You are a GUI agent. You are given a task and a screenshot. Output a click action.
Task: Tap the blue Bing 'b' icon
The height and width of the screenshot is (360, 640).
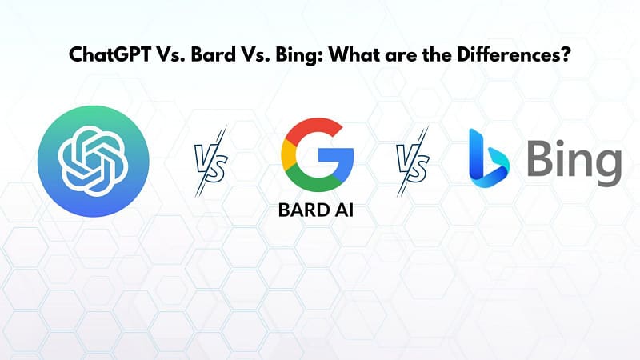coord(487,156)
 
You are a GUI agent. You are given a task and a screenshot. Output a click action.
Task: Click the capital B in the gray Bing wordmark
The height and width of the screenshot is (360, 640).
coord(538,160)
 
